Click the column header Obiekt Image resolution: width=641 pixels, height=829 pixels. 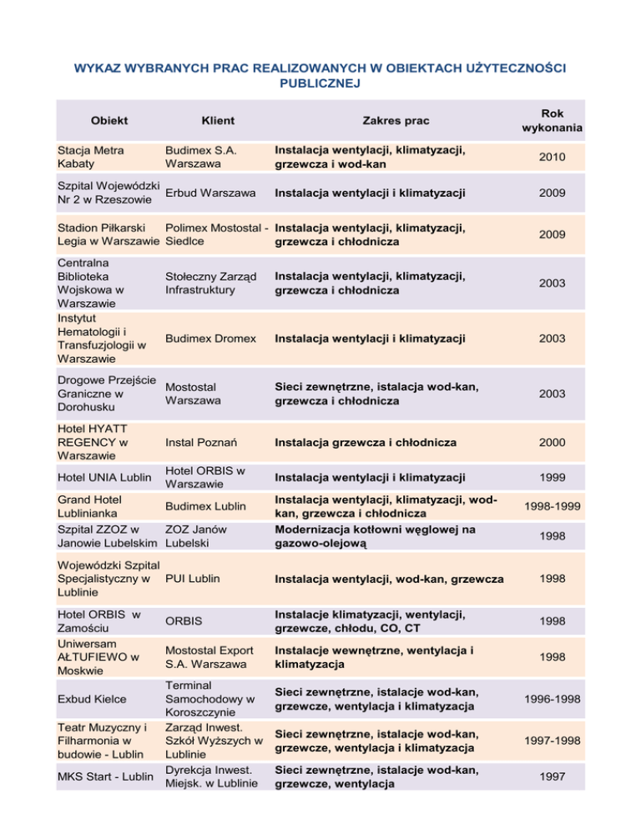click(109, 120)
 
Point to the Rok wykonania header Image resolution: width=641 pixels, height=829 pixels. click(552, 120)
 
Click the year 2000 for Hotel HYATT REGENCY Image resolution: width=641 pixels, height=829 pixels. click(552, 442)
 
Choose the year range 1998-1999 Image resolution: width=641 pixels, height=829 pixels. click(552, 506)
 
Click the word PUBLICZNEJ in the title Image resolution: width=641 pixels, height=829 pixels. click(320, 83)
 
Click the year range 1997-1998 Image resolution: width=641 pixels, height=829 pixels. click(552, 740)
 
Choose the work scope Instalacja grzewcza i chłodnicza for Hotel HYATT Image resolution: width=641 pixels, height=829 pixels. click(366, 442)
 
